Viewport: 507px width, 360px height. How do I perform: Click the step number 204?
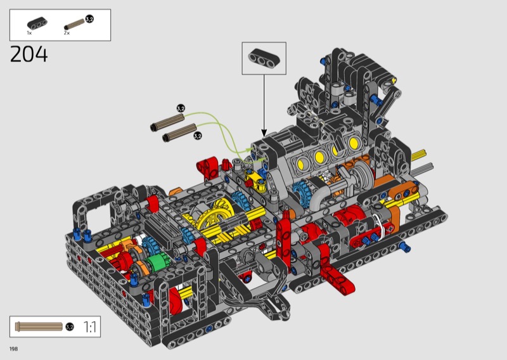tap(29, 54)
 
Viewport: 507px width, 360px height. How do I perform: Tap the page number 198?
tap(13, 349)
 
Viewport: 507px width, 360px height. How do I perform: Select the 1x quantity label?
tap(29, 33)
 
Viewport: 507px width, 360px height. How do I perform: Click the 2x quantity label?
tap(67, 33)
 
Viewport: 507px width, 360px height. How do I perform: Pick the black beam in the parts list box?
tap(37, 23)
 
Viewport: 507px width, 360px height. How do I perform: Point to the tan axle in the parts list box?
tap(75, 25)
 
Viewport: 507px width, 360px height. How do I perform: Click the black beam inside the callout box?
tap(264, 59)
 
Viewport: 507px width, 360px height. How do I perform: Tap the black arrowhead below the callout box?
tap(264, 133)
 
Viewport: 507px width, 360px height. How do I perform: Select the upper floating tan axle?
tap(167, 122)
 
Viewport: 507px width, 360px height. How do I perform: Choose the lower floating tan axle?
tap(179, 132)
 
